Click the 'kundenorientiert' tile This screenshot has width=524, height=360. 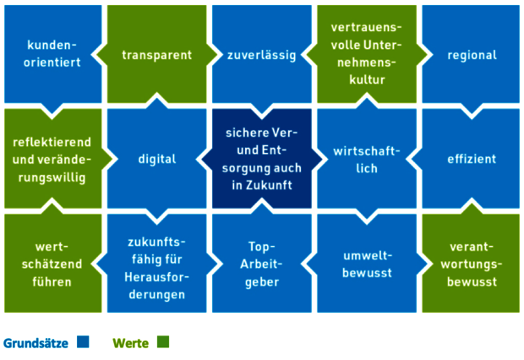52,54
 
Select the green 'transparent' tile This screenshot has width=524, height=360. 156,55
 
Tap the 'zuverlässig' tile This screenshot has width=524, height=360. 261,55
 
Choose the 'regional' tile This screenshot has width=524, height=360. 472,55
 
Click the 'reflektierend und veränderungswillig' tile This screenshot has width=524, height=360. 52,158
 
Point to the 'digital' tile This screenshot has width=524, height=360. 156,158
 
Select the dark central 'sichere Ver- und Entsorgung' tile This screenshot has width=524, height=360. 261,158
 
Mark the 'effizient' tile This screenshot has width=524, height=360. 472,158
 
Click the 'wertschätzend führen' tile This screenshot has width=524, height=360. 52,262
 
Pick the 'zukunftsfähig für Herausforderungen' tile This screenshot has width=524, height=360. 156,262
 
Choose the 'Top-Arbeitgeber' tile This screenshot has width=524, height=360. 261,262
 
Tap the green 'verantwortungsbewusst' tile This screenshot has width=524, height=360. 472,262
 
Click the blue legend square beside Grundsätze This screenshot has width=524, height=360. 83,342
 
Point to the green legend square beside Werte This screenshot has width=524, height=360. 163,342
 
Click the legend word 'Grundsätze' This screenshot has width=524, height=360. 35,343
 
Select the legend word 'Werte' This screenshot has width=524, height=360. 131,343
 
